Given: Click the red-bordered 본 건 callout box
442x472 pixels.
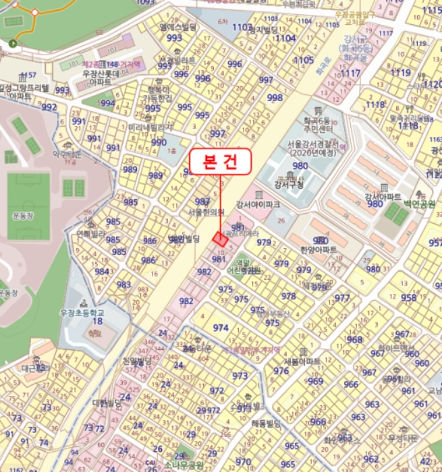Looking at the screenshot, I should point(220,162).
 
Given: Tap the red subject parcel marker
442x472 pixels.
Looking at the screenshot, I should point(220,237).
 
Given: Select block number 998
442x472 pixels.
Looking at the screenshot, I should point(275,98).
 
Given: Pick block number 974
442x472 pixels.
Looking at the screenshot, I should point(221,328).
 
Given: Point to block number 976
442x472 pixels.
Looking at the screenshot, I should point(281,372).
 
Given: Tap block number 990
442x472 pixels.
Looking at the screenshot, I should point(159,142).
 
